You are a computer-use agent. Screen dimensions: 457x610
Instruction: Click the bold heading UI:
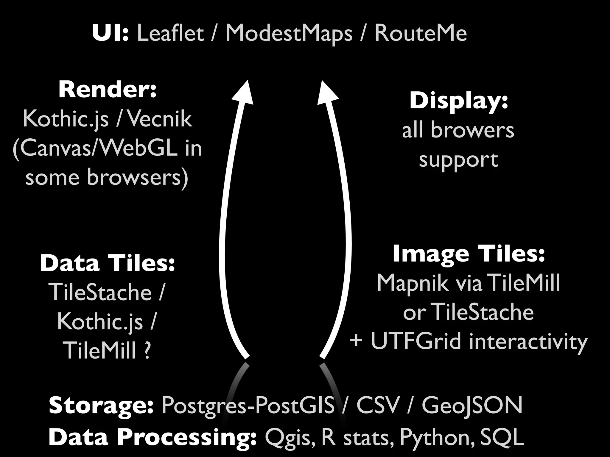click(110, 33)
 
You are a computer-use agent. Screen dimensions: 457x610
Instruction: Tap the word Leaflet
click(170, 33)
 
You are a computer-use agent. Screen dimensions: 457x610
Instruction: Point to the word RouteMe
click(421, 33)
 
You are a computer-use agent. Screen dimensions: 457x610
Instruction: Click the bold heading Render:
click(108, 90)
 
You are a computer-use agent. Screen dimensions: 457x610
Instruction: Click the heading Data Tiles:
click(107, 264)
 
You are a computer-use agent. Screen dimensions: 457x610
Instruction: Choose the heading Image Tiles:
click(469, 254)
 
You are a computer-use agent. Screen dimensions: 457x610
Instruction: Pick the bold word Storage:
click(101, 406)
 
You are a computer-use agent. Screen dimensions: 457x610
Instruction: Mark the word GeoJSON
click(472, 406)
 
